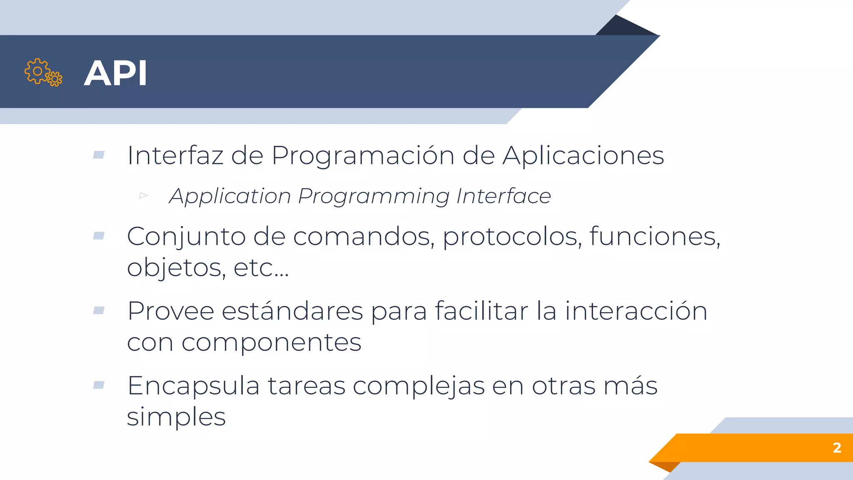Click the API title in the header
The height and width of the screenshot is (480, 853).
(x=115, y=73)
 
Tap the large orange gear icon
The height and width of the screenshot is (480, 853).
(x=37, y=71)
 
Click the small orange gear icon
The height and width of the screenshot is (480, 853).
(x=55, y=79)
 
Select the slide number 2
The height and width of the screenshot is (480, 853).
(x=837, y=447)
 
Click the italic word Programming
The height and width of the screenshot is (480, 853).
(x=374, y=196)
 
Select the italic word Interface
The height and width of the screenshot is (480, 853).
(x=503, y=196)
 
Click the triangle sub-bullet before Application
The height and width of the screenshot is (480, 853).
(x=144, y=195)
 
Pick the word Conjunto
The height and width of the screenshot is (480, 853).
(x=186, y=237)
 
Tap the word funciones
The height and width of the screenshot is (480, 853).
(x=654, y=236)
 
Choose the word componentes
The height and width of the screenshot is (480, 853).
(x=271, y=343)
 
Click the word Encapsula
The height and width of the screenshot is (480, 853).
(x=193, y=386)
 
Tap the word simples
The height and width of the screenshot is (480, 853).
(x=176, y=417)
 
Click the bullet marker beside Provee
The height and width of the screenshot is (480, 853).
(x=99, y=310)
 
